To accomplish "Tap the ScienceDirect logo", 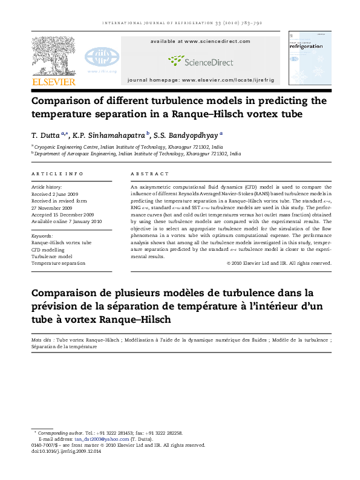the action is point(196,60).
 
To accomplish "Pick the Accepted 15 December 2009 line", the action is point(62,214).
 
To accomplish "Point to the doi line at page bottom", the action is point(66,451).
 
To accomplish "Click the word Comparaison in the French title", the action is point(64,294).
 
